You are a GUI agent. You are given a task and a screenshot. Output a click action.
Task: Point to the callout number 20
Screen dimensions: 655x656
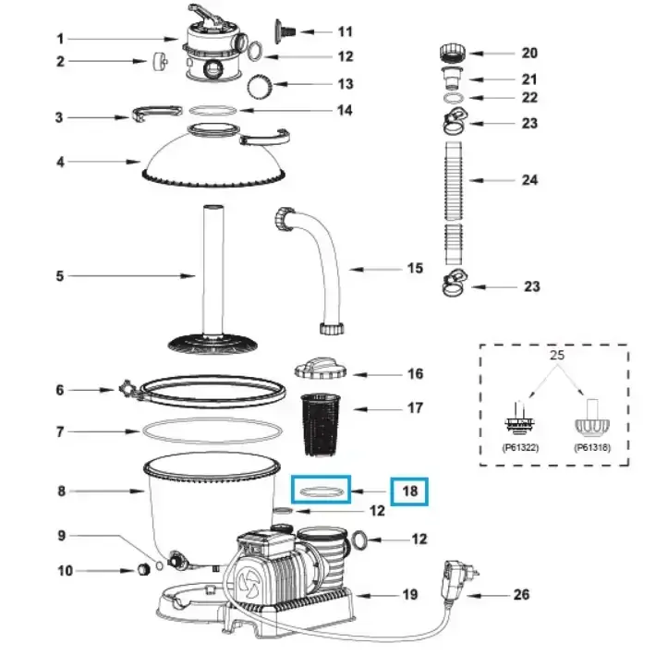click(x=529, y=54)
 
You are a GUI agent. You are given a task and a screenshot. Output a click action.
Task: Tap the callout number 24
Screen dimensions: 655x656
click(x=529, y=180)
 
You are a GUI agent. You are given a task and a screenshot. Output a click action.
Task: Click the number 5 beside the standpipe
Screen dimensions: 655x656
click(x=60, y=275)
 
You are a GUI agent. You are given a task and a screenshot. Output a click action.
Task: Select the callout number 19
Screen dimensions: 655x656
click(x=411, y=594)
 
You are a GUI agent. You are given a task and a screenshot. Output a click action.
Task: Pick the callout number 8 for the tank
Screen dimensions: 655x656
click(x=61, y=491)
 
